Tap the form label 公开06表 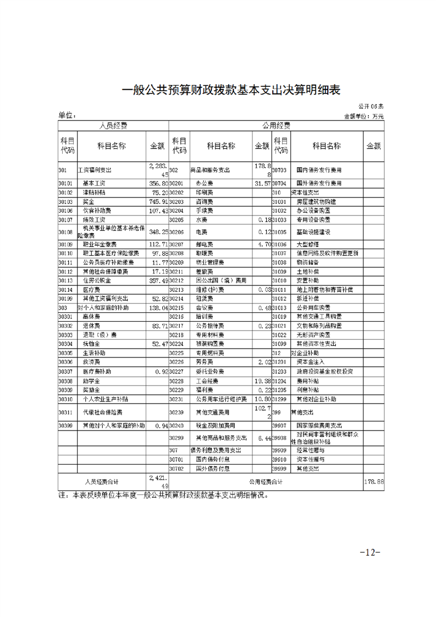(372, 106)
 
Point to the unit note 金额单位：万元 (363, 117)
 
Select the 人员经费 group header (113, 125)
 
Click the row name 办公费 (203, 183)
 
